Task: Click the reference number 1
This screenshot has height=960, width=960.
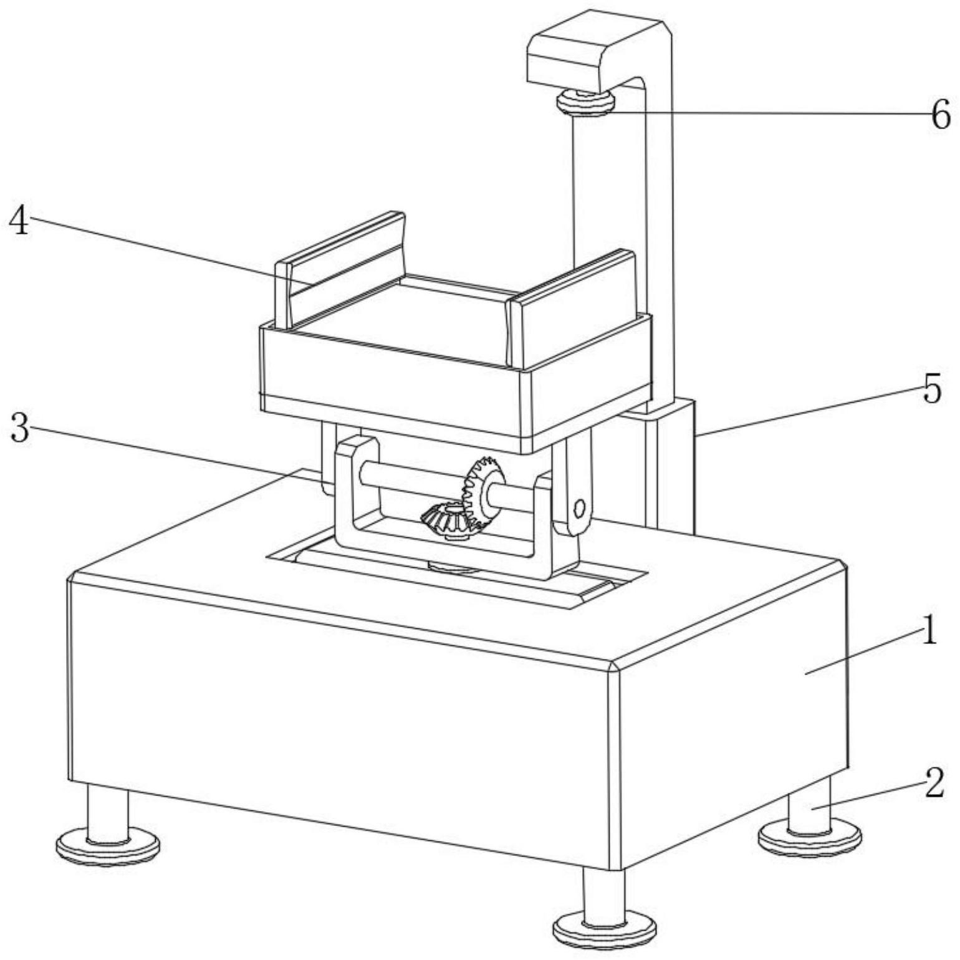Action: click(929, 630)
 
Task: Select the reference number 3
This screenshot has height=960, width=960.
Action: click(20, 430)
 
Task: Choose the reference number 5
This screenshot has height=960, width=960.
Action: click(932, 390)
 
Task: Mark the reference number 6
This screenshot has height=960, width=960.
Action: click(941, 115)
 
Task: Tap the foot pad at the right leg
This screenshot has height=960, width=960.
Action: click(809, 839)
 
